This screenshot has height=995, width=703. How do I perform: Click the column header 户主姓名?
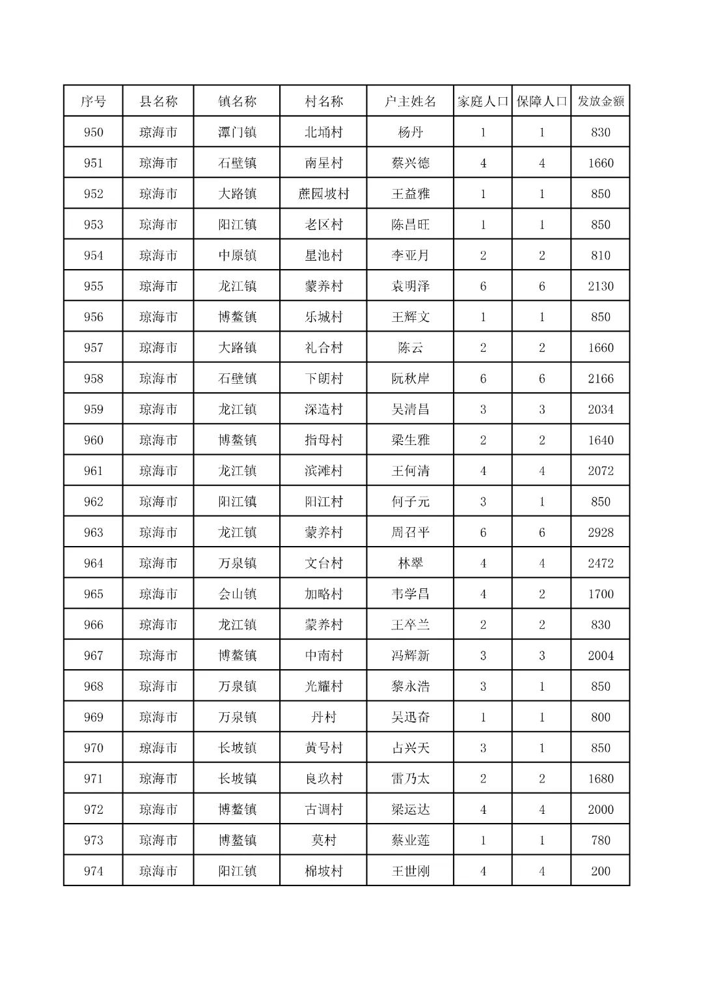(410, 102)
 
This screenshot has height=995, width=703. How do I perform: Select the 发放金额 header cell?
(600, 102)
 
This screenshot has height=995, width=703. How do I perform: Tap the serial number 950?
(93, 132)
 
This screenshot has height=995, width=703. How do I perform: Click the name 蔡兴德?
(410, 163)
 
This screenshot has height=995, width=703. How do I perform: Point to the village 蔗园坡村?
(324, 194)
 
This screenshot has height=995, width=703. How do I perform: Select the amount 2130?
(600, 286)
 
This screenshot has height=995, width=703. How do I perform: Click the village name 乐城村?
(324, 317)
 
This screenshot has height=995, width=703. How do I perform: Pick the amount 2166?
(600, 379)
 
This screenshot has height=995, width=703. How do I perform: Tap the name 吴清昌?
(410, 409)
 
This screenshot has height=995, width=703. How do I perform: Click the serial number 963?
(93, 532)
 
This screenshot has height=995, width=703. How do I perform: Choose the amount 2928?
(600, 532)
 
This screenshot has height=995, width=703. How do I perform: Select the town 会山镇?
(237, 594)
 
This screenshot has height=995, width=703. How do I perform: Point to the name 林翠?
(410, 563)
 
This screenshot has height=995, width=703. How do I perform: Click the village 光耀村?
(324, 686)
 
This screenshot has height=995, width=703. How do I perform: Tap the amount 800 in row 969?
(600, 717)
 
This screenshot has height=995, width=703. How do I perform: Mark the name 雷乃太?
(410, 779)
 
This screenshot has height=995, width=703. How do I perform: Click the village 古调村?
(324, 809)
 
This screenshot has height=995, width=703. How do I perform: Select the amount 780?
(600, 840)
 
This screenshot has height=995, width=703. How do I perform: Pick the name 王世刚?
(410, 871)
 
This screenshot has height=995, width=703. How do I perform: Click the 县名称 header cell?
(158, 102)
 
